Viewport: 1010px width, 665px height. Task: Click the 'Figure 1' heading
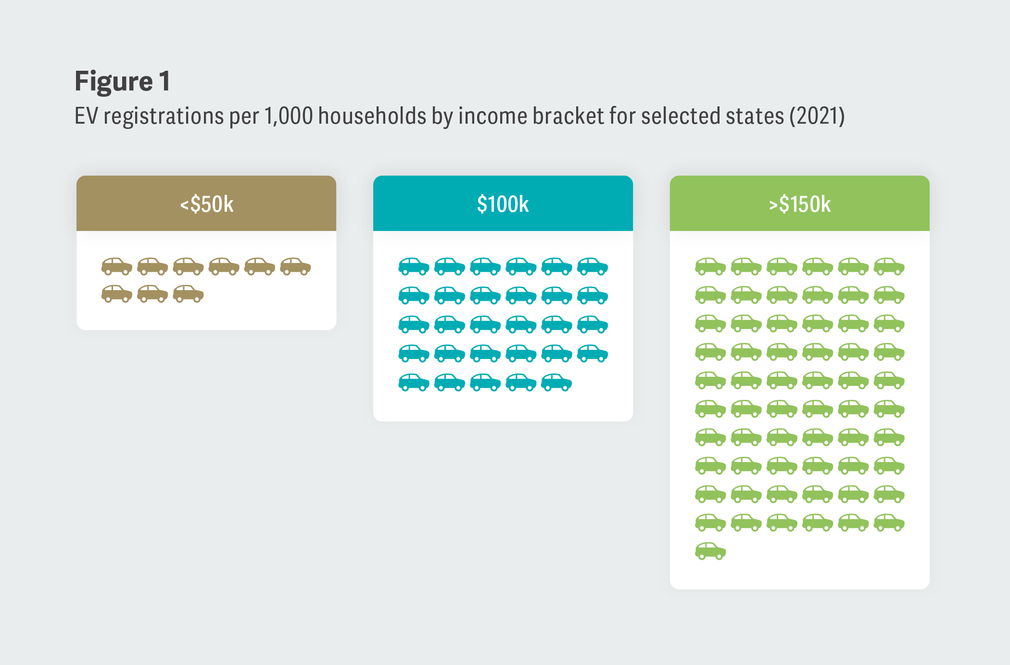click(122, 81)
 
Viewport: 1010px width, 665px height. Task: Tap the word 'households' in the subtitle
click(372, 116)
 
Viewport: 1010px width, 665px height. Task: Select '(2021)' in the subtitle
click(817, 116)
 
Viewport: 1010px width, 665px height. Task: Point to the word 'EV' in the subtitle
click(87, 116)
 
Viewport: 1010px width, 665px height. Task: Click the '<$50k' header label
click(207, 204)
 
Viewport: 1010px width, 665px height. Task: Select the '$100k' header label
click(503, 204)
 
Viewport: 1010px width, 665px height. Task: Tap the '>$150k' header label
click(799, 204)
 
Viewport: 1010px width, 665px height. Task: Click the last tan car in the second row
click(188, 294)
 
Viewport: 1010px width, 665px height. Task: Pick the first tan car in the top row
click(117, 266)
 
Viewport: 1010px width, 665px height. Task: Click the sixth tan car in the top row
click(295, 266)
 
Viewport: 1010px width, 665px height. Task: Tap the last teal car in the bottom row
click(556, 383)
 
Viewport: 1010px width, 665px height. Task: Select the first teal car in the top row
click(414, 266)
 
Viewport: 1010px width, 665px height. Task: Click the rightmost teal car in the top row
click(593, 266)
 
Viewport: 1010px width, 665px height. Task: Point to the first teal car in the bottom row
click(414, 383)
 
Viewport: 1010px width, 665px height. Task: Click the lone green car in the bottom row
click(710, 551)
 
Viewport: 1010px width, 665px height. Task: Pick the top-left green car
click(710, 266)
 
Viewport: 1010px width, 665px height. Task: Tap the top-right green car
click(889, 266)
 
